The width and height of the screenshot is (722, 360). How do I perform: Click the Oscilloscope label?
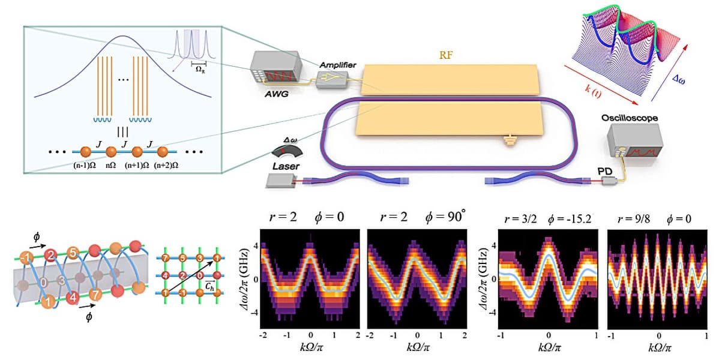(630, 118)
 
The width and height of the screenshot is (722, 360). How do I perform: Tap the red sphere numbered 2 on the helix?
(52, 256)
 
